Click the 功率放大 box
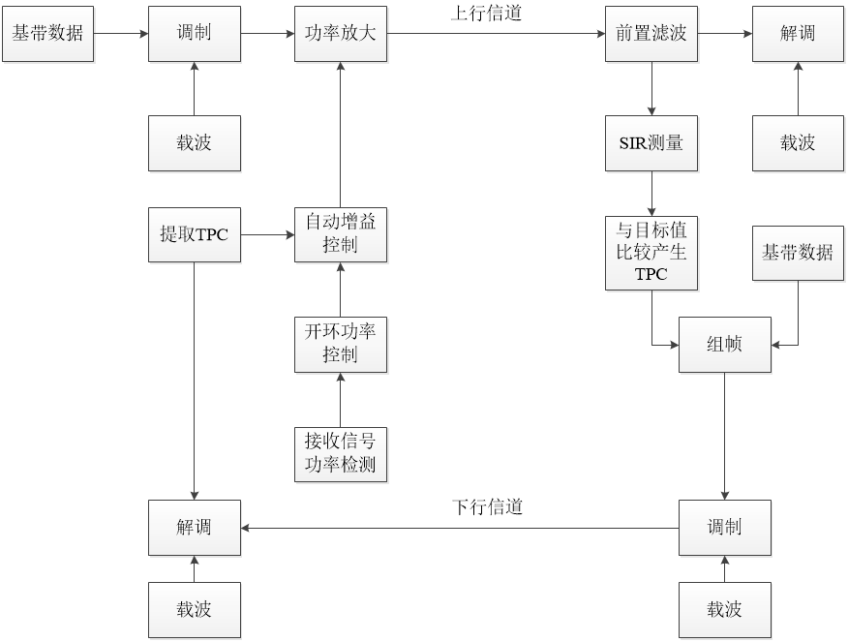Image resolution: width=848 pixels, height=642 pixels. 340,33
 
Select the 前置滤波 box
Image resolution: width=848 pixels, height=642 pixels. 651,33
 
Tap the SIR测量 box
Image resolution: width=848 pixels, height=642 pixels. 651,143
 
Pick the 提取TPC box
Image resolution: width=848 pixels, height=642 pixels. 194,234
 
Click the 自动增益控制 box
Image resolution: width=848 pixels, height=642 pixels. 340,234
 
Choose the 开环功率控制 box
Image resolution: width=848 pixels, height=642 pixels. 340,344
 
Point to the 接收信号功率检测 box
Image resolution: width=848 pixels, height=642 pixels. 340,455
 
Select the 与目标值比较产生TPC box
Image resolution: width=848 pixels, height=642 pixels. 651,253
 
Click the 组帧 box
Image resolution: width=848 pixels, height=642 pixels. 724,344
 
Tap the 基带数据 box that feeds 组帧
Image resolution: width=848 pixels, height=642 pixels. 798,253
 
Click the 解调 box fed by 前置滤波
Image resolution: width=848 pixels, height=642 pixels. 798,33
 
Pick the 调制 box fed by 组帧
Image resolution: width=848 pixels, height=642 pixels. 724,528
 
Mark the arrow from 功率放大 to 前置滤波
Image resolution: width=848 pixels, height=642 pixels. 496,33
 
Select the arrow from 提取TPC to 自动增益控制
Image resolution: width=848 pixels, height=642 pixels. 267,234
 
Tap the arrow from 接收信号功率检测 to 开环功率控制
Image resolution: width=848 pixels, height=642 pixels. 340,399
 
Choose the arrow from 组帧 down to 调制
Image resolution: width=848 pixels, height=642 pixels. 724,436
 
